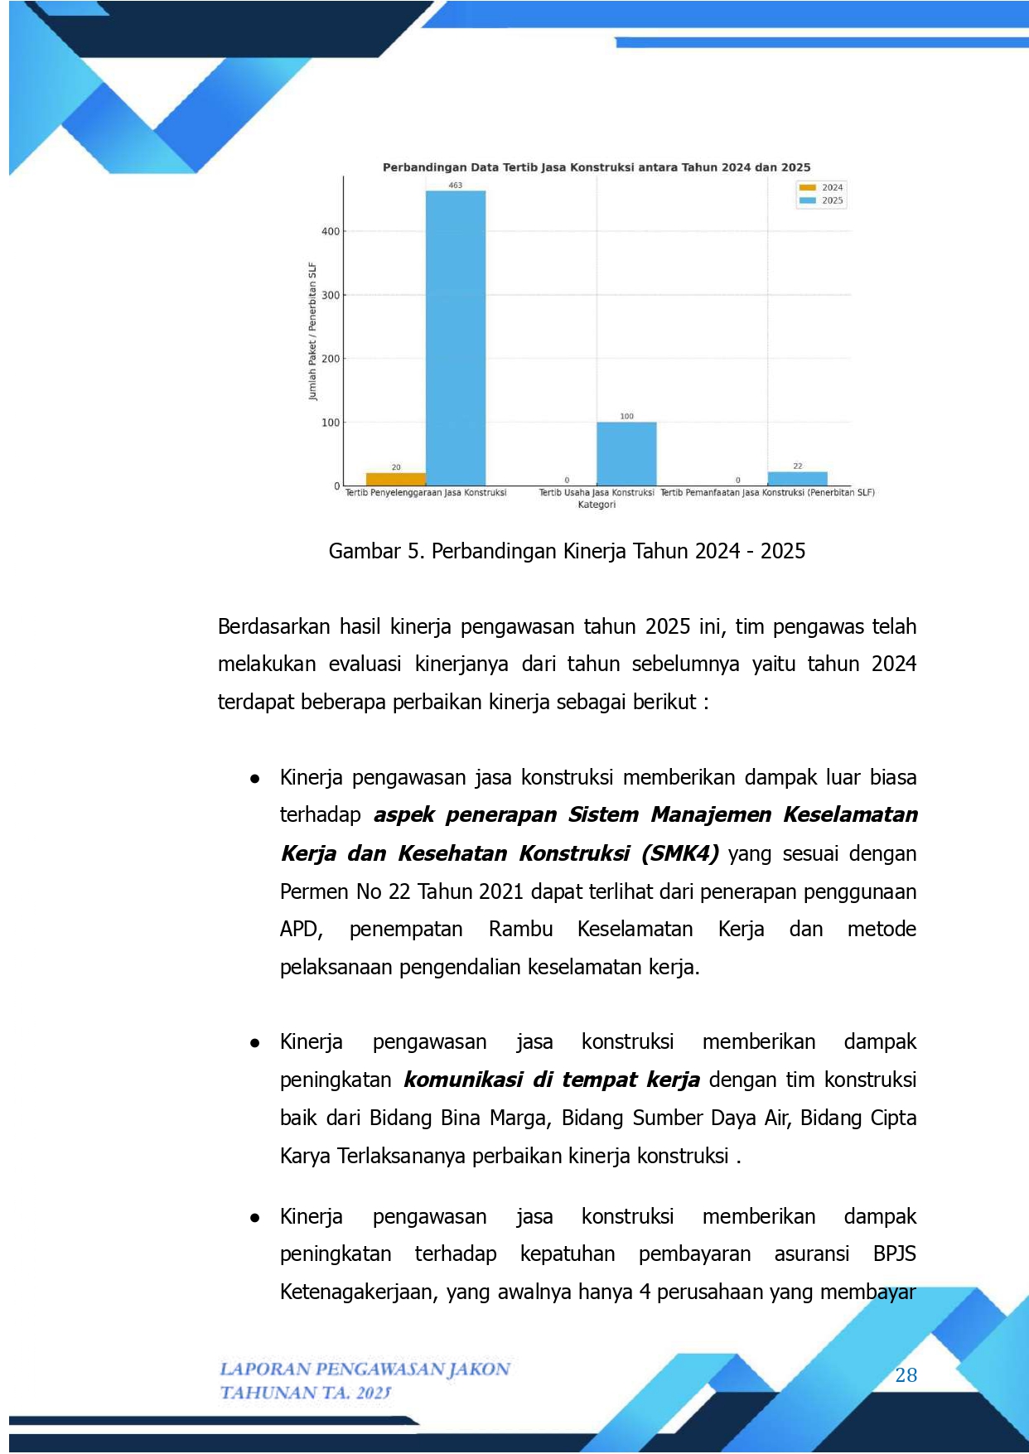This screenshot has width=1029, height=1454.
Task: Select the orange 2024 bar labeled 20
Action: pos(396,479)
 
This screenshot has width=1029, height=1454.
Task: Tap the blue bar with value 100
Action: pos(626,454)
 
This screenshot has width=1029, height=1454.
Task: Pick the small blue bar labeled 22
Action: pos(797,478)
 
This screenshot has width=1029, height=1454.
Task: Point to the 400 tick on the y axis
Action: pos(331,231)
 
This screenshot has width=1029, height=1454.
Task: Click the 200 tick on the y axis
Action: pos(331,359)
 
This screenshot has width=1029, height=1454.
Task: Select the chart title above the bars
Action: pos(597,167)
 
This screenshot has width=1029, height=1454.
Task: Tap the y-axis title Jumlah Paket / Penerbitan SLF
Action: pos(312,331)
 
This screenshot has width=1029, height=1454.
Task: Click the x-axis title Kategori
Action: pos(597,505)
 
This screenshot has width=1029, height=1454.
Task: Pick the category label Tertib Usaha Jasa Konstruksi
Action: pos(597,492)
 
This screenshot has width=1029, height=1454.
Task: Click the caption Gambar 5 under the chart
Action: pos(567,551)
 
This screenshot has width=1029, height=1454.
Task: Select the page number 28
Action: pos(906,1375)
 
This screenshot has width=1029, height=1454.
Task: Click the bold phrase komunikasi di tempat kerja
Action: pos(552,1080)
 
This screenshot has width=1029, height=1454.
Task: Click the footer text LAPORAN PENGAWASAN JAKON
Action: pos(365,1369)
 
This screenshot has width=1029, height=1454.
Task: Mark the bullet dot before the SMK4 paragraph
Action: pos(255,779)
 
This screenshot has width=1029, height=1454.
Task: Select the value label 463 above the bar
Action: pos(456,185)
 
